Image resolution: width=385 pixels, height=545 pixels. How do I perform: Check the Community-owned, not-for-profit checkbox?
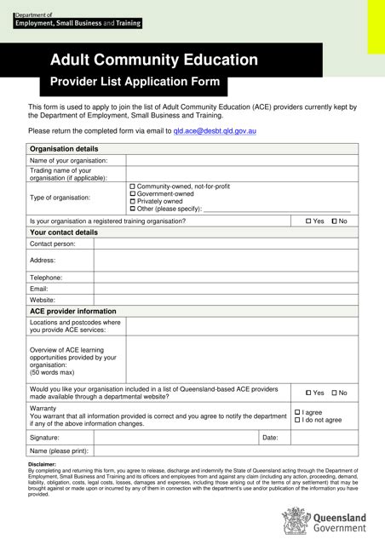coord(132,186)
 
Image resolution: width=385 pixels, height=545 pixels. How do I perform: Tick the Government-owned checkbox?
coord(132,193)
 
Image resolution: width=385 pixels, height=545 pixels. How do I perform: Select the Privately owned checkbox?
coord(132,201)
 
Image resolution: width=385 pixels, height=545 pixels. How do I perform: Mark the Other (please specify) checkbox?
coord(132,209)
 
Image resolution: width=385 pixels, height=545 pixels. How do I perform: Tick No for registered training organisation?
coord(335,221)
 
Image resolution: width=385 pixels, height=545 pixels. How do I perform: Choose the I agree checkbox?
coord(298,412)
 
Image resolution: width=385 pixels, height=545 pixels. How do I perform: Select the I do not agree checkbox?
coord(298,420)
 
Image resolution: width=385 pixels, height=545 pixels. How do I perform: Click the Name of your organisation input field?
coord(242,160)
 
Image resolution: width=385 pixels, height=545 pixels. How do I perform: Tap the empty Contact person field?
coord(226,244)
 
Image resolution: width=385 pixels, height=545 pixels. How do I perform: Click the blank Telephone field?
coord(226,278)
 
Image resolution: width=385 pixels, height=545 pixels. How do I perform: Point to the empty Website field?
coord(226,300)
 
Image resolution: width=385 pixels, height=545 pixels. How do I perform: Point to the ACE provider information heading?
coord(73,311)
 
